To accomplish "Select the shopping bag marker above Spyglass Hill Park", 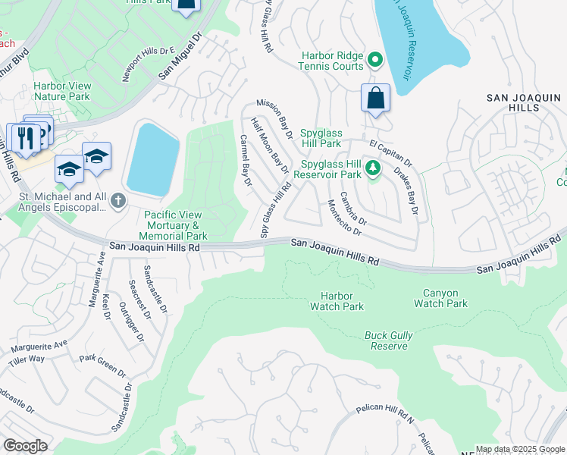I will click(375, 99).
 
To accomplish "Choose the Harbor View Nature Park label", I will click(61, 92).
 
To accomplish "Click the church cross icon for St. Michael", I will click(117, 201).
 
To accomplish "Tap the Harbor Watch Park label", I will click(337, 301).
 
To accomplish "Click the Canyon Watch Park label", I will click(440, 298).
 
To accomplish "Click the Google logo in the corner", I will click(25, 446).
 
